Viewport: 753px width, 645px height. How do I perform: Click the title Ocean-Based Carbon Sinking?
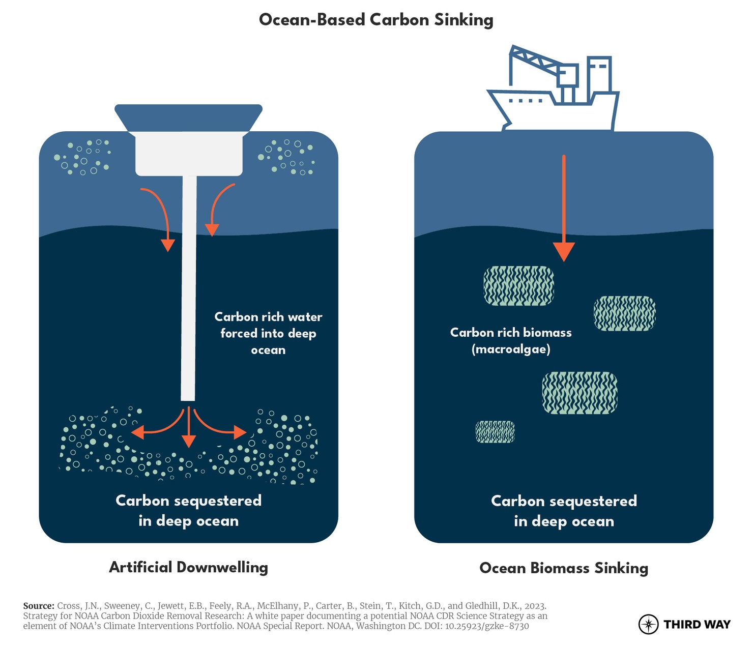point(376,20)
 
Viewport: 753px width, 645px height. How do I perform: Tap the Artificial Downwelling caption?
point(188,567)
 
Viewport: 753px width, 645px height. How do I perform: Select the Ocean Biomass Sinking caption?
point(563,568)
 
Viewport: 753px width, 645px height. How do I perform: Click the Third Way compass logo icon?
point(648,624)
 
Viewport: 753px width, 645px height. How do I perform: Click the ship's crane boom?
point(534,58)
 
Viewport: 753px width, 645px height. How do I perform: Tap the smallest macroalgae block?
point(495,432)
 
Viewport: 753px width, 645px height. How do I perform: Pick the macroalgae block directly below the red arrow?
point(518,286)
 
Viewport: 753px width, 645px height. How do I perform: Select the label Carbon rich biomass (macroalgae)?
point(511,340)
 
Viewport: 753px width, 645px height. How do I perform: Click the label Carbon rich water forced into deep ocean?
point(268,333)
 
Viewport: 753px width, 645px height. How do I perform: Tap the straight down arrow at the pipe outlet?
point(189,427)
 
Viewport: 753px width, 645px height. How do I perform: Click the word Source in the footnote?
point(39,606)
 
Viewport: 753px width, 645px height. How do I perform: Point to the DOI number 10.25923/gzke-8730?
point(487,626)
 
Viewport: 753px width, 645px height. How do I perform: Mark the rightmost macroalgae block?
point(625,313)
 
